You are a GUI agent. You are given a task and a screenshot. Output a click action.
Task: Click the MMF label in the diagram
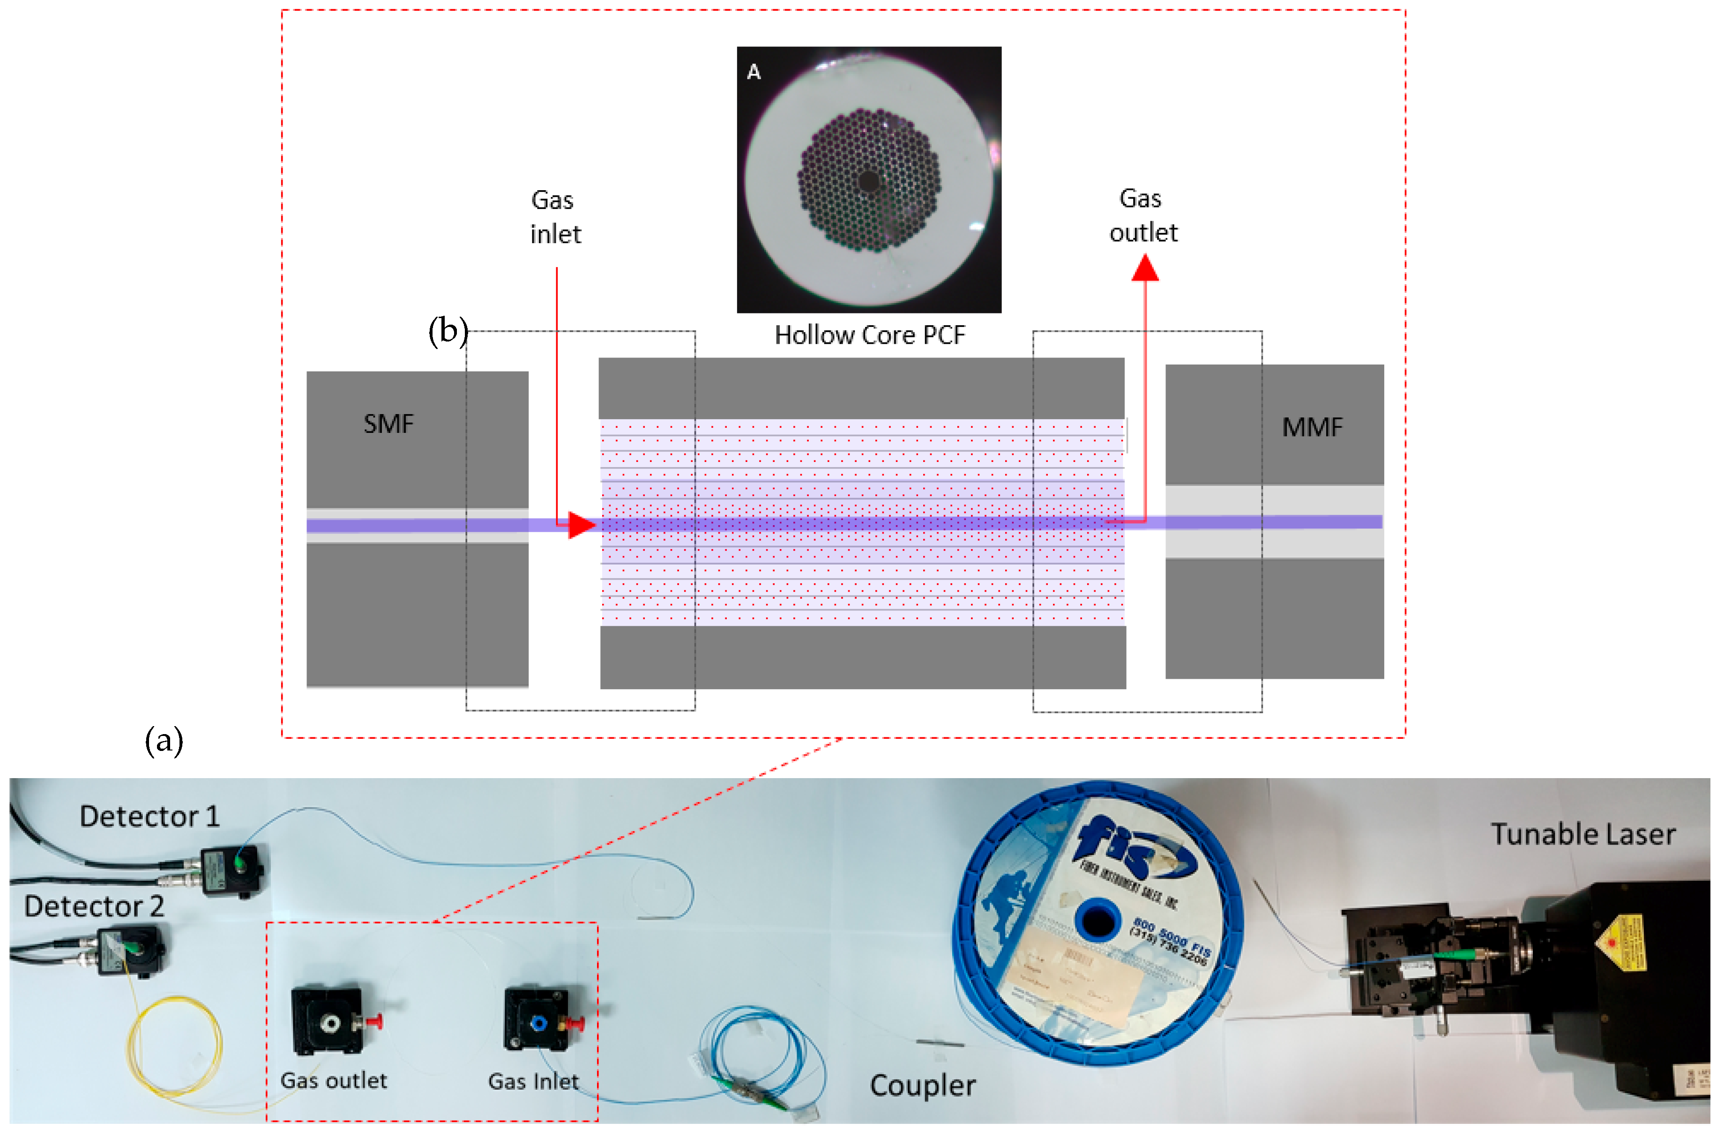point(1312,427)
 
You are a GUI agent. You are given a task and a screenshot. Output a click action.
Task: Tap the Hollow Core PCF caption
point(869,335)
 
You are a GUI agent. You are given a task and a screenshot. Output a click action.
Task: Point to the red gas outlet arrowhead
point(1145,269)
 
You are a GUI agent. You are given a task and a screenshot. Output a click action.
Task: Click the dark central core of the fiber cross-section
point(869,181)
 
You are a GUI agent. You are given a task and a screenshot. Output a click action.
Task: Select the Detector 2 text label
point(94,906)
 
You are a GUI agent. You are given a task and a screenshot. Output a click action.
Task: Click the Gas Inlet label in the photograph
point(533,1081)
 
